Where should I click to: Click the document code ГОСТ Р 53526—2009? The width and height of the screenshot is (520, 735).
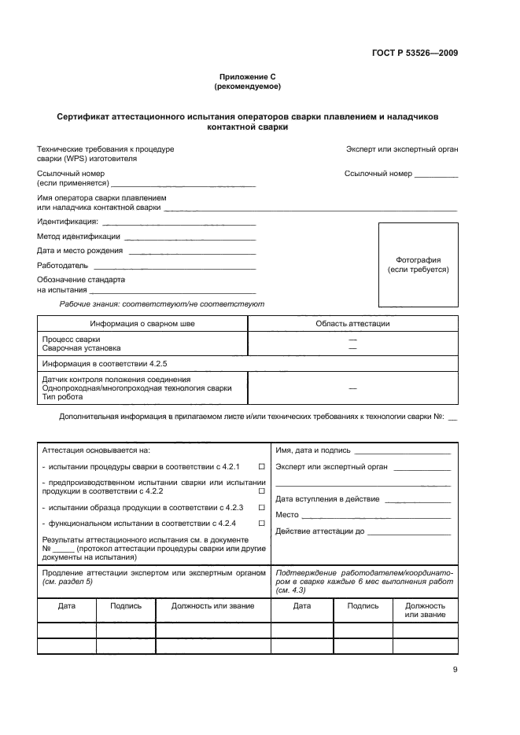click(x=415, y=53)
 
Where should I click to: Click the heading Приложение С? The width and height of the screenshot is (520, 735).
click(x=248, y=77)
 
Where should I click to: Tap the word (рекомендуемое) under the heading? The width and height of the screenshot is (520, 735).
click(x=248, y=86)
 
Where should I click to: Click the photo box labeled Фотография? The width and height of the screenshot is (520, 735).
click(x=418, y=265)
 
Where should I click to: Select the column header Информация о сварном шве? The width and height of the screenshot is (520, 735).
click(x=142, y=323)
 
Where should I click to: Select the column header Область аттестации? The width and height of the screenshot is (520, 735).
click(x=352, y=323)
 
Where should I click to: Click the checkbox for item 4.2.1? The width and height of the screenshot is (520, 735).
click(x=261, y=466)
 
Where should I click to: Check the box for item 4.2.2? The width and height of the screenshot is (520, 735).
click(x=261, y=491)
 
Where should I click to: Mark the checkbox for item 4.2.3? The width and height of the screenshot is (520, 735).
click(x=261, y=508)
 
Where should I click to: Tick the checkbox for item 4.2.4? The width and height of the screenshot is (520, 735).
click(x=261, y=523)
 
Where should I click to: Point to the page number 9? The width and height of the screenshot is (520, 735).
click(x=455, y=670)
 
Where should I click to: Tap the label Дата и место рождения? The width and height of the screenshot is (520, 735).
click(x=79, y=251)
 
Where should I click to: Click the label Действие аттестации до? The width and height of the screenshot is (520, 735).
click(x=320, y=531)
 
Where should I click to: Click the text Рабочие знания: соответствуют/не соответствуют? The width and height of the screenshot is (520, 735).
click(x=162, y=303)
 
